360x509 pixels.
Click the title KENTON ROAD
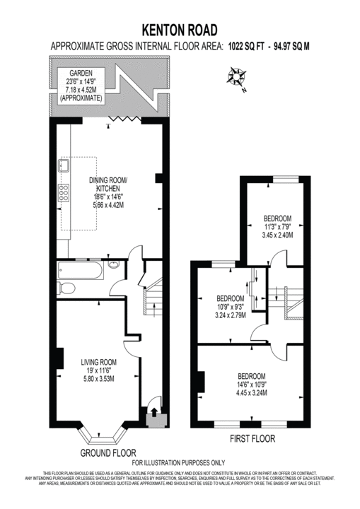pos(180,29)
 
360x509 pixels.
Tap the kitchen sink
pos(64,166)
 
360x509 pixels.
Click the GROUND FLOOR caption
pos(108,452)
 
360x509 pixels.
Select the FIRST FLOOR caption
pos(252,438)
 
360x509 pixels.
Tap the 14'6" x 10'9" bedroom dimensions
pos(251,385)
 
